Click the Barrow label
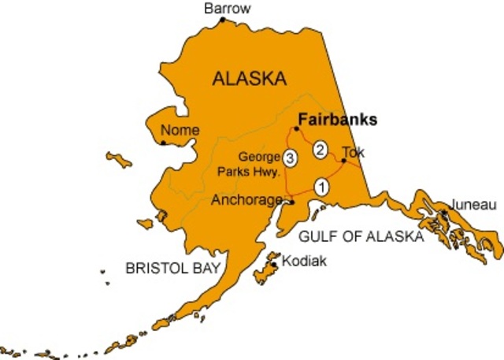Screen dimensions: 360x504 click(227, 9)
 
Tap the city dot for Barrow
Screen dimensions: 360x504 click(223, 20)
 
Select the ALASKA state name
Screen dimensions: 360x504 click(249, 79)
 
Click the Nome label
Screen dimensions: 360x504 click(180, 130)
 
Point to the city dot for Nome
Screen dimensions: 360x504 click(164, 143)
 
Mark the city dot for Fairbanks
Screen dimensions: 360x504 click(296, 128)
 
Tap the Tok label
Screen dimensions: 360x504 click(354, 152)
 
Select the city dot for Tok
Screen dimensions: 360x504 click(343, 161)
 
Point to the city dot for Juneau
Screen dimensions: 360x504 click(445, 213)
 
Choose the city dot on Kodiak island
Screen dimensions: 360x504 click(274, 264)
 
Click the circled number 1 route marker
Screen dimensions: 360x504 click(321, 187)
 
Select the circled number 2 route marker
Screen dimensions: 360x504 click(320, 149)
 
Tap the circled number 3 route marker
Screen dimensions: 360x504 click(290, 158)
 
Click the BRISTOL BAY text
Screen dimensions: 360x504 click(173, 269)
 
